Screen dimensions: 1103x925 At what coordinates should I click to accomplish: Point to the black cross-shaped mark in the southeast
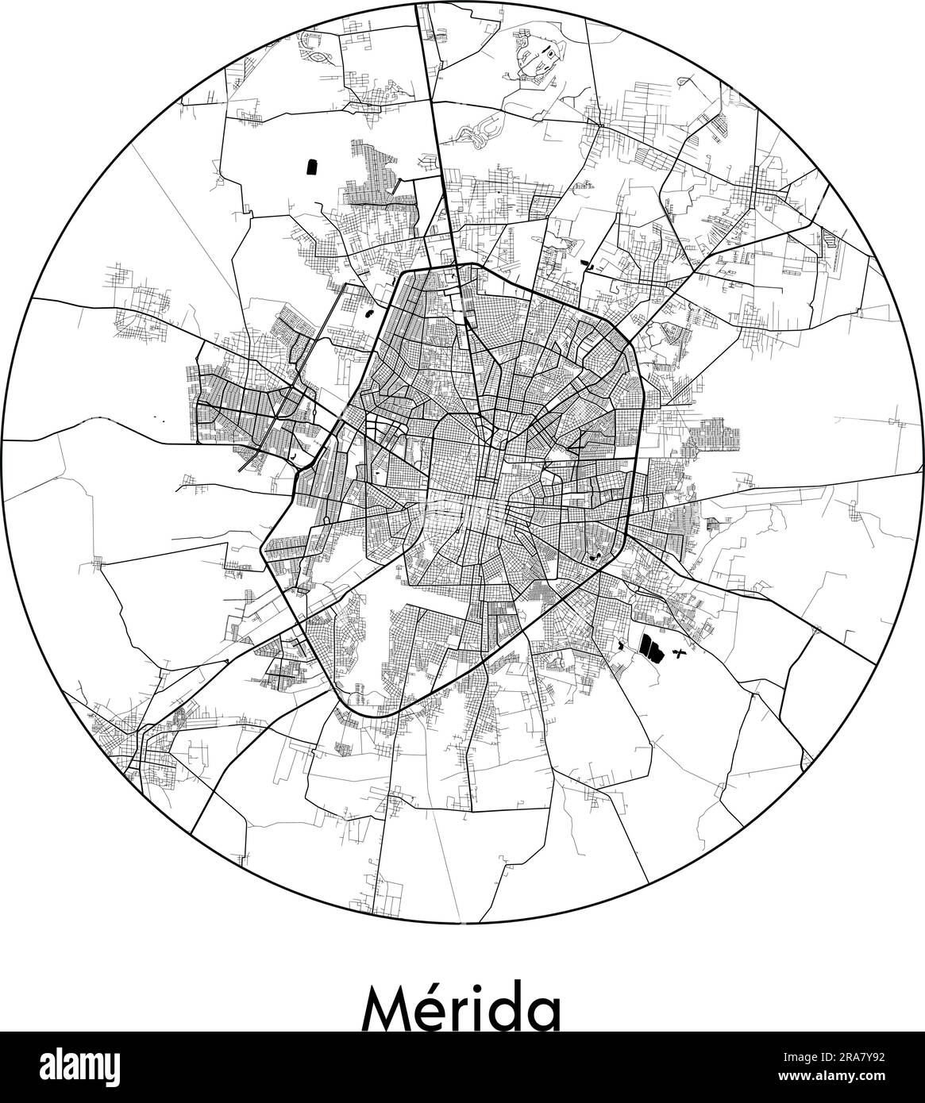tap(678, 652)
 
